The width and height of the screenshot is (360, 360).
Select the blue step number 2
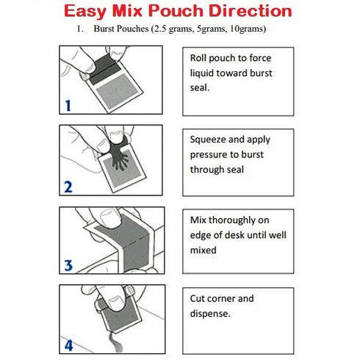pos(68,187)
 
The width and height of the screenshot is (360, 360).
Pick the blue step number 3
pos(68,264)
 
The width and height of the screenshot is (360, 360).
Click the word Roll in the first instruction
pos(200,57)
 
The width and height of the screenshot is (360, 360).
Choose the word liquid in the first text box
pos(204,72)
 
